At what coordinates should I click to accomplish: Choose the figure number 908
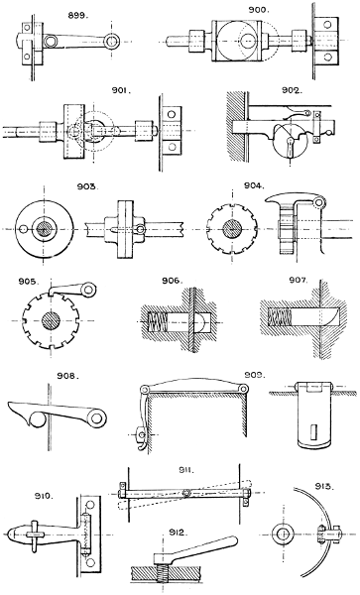42,377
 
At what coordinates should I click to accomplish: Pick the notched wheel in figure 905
48,324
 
